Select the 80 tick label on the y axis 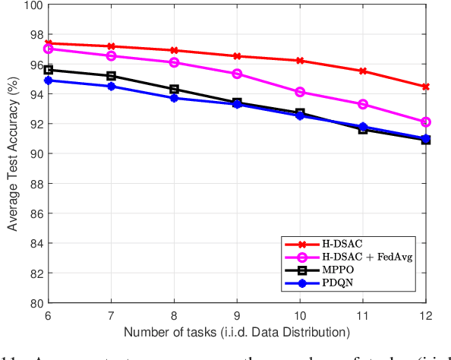pos(34,302)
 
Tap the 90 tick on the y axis pos(34,153)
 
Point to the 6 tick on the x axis pos(49,314)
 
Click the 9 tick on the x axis pos(237,314)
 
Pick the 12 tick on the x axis pos(425,314)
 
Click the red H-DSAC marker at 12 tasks pos(425,87)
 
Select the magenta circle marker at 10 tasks pos(300,92)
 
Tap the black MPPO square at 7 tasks pos(112,76)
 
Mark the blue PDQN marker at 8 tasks pos(174,98)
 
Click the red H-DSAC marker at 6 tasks pos(49,43)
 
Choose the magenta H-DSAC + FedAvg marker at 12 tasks pos(425,122)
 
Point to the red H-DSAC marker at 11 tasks pos(362,71)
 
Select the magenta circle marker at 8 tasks pos(174,62)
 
